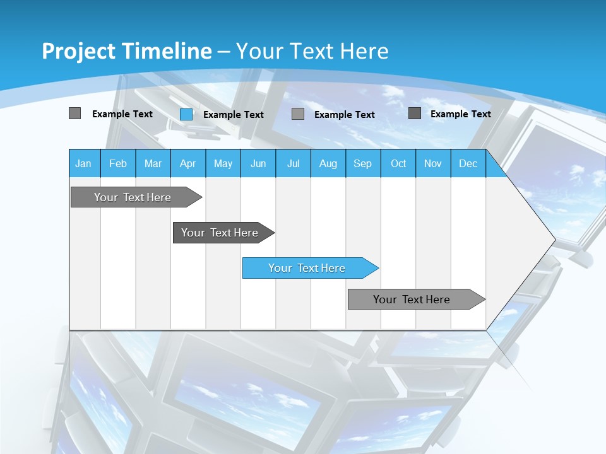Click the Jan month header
(x=83, y=163)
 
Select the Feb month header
(x=118, y=163)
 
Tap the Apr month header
(x=188, y=163)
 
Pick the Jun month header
(x=258, y=163)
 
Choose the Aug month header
(x=328, y=163)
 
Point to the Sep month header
(x=363, y=163)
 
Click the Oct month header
(x=398, y=163)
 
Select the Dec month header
(x=468, y=163)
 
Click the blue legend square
(x=186, y=114)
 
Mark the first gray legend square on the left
(x=74, y=113)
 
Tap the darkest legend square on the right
(x=415, y=113)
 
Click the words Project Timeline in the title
(x=126, y=51)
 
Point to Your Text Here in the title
(x=312, y=51)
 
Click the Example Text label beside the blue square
(x=233, y=115)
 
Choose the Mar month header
(x=153, y=163)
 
